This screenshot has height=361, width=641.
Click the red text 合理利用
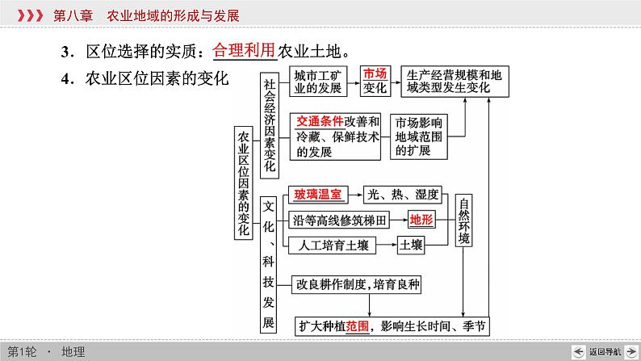click(x=244, y=50)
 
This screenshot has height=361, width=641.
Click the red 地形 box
click(x=421, y=220)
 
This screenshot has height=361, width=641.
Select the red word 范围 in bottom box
click(x=358, y=326)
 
